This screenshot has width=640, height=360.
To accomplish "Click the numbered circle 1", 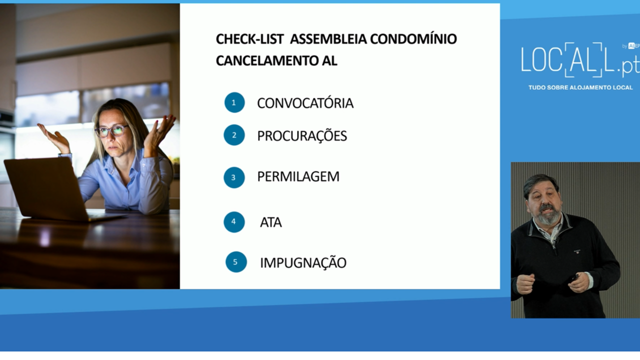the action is [234, 102].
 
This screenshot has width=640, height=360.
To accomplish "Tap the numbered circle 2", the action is [234, 135].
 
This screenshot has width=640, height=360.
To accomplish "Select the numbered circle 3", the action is [234, 177].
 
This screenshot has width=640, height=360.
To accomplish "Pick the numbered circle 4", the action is [234, 222].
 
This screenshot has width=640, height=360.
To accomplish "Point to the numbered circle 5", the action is [236, 262].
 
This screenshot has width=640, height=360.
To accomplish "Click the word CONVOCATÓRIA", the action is [305, 103].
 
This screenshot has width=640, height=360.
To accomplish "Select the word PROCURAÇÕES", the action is [302, 136].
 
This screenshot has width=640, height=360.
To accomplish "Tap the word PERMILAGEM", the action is [298, 176].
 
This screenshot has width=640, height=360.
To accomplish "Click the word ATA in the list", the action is [271, 222].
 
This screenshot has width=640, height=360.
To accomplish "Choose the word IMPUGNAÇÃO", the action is [303, 262].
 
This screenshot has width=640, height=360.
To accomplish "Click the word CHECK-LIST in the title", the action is [249, 39].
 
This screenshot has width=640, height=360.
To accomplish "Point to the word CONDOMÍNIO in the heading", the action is [413, 38].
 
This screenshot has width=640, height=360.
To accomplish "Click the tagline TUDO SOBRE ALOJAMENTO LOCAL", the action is [580, 87].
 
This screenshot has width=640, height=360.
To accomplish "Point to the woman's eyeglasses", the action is [111, 131].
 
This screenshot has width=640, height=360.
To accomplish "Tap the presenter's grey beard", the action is [547, 215].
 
